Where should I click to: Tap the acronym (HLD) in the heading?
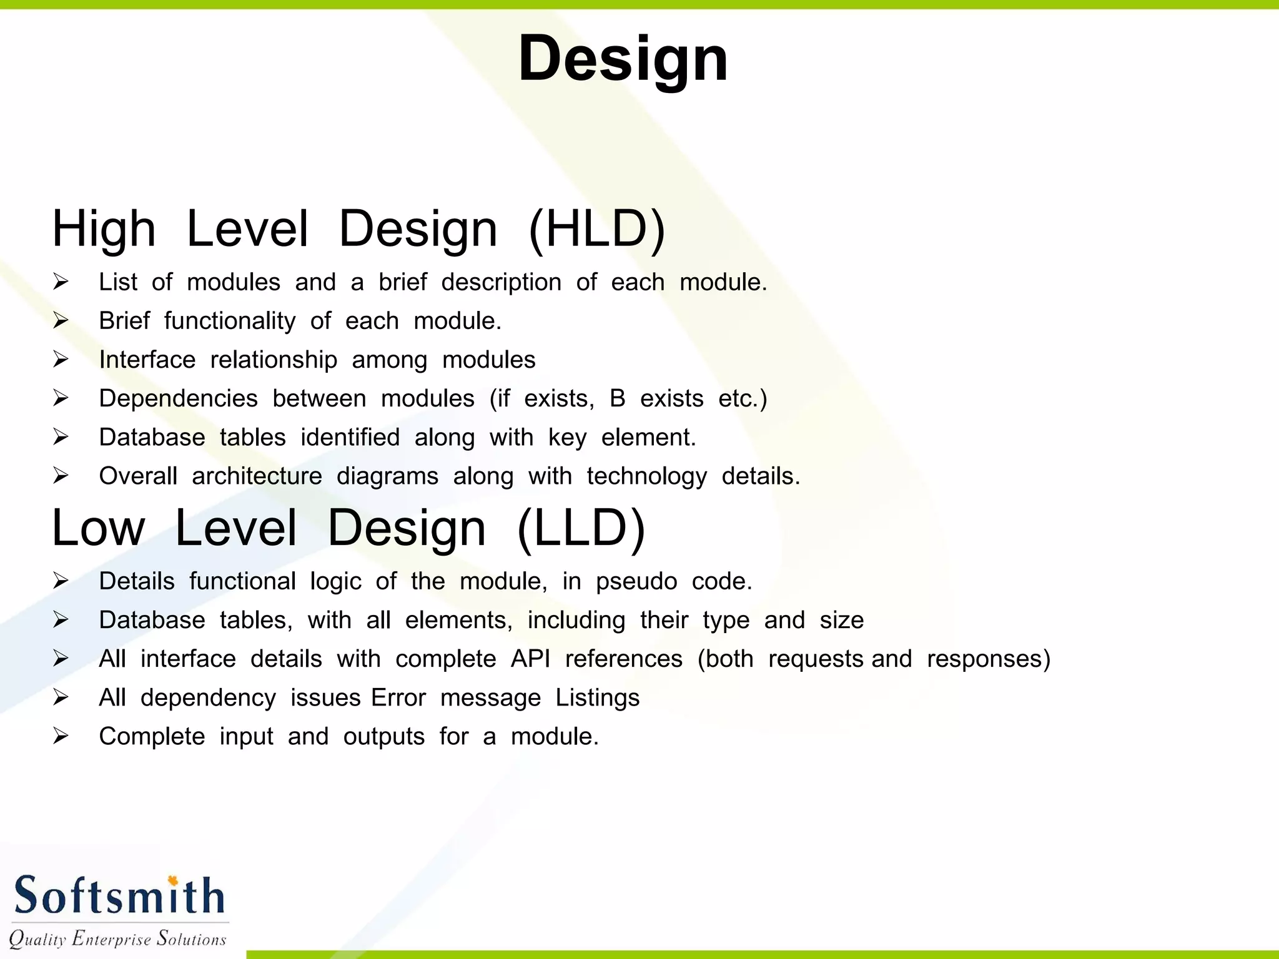[x=596, y=229]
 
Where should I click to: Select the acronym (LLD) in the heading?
[x=581, y=529]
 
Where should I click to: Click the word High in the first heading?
[x=104, y=229]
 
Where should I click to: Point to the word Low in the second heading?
[x=99, y=529]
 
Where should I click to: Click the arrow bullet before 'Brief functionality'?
[x=61, y=321]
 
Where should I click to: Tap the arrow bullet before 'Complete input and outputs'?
[x=61, y=736]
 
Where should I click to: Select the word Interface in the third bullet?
[x=147, y=360]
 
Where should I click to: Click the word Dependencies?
[x=178, y=399]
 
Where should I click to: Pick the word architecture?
[x=257, y=476]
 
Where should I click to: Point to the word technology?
[x=646, y=477]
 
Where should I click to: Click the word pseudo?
[x=636, y=582]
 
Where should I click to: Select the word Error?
[x=398, y=698]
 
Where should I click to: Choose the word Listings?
[x=598, y=699]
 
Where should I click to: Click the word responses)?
[x=989, y=659]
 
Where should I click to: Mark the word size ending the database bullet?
[x=841, y=620]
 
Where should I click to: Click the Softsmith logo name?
[x=119, y=895]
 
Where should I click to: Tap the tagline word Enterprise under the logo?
[x=111, y=938]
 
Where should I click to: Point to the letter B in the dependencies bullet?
[x=617, y=398]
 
